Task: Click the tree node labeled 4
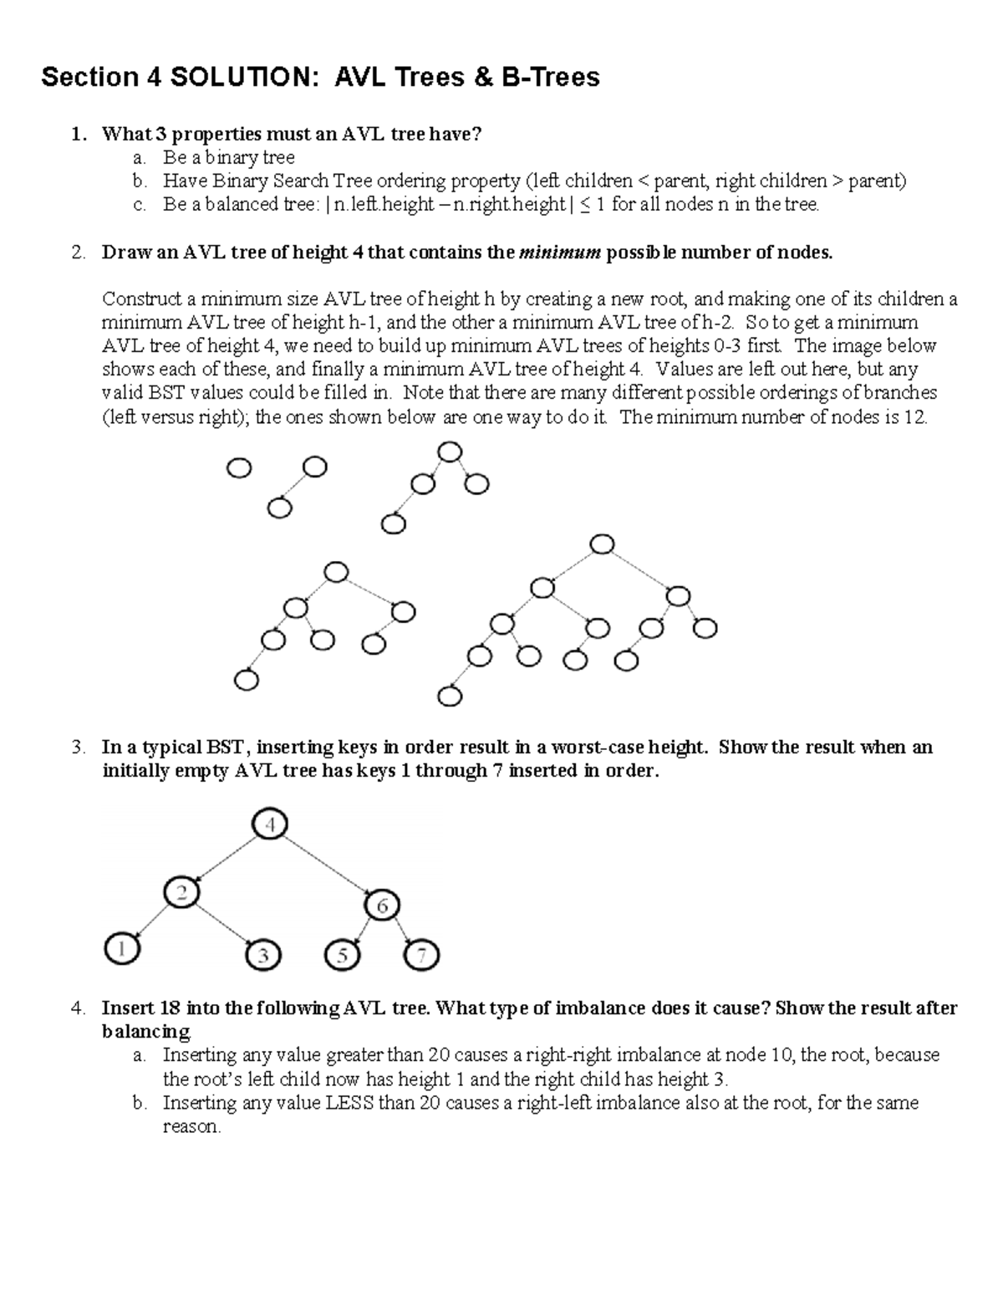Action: point(269,825)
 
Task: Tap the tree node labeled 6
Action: point(382,905)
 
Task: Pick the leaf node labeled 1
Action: point(122,949)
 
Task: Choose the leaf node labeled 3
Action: point(263,955)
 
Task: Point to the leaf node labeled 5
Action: point(341,955)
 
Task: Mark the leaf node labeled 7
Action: point(421,955)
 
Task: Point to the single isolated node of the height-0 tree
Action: point(239,469)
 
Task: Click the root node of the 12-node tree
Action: point(602,544)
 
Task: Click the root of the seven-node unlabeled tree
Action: point(335,573)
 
